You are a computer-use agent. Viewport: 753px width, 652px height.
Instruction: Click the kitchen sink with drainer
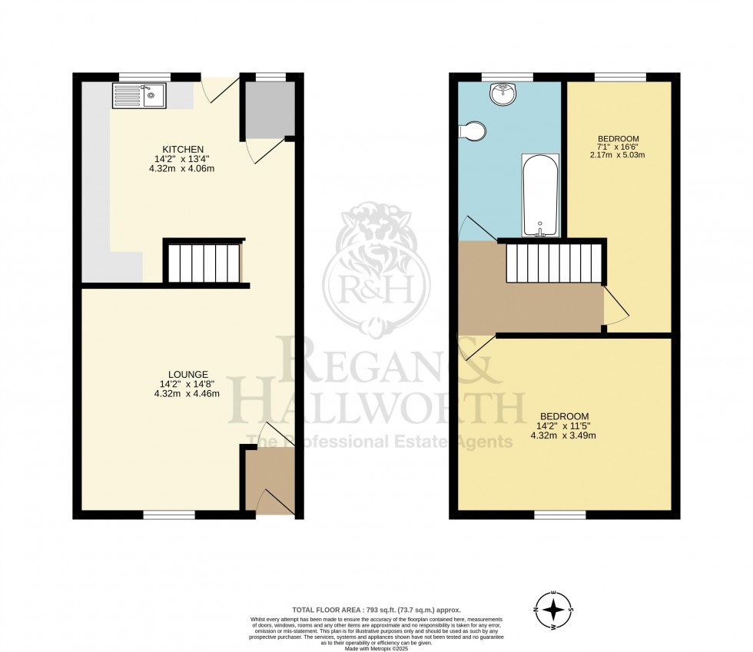pyautogui.click(x=139, y=96)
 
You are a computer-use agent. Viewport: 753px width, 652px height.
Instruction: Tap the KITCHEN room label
pyautogui.click(x=182, y=149)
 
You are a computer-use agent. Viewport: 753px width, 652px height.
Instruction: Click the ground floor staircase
pyautogui.click(x=204, y=263)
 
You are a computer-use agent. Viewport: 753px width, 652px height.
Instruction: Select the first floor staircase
pyautogui.click(x=552, y=263)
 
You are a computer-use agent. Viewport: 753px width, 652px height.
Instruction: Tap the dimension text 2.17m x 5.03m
pyautogui.click(x=612, y=154)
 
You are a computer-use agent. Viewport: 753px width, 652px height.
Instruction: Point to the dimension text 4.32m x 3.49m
pyautogui.click(x=564, y=435)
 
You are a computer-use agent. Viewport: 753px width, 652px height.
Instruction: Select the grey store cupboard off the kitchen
pyautogui.click(x=268, y=109)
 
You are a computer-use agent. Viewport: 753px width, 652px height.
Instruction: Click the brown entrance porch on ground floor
pyautogui.click(x=270, y=480)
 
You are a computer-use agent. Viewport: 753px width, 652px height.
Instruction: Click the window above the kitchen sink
pyautogui.click(x=144, y=76)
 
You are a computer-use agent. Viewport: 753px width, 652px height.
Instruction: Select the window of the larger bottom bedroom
pyautogui.click(x=561, y=515)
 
